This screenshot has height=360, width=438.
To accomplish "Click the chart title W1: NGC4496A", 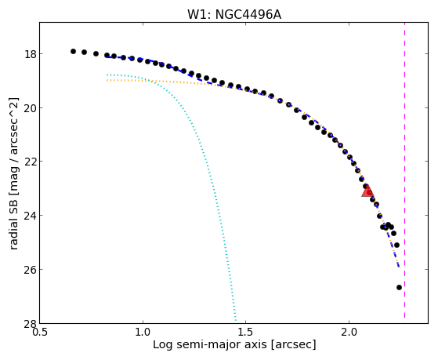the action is [234, 15].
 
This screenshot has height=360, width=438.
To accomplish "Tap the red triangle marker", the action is [367, 191].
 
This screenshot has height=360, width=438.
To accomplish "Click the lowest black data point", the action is [399, 287].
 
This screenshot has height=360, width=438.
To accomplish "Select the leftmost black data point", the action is [73, 51].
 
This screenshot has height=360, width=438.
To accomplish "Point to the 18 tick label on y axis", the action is [30, 53].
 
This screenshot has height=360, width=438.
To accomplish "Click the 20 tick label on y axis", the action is [30, 107].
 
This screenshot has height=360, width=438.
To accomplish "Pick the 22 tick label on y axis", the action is [30, 162].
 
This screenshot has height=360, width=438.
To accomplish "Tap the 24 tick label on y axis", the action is [30, 216].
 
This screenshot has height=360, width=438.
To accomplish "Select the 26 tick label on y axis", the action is [30, 269].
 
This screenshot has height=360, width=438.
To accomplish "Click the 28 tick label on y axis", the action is [30, 323].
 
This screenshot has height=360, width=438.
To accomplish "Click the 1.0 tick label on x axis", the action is [143, 332].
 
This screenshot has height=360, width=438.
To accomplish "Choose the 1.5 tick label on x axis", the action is [245, 332].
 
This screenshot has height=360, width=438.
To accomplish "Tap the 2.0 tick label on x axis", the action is [349, 332].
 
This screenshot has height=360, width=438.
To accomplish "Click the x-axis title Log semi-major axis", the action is [209, 344].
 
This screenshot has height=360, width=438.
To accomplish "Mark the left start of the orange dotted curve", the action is [107, 80].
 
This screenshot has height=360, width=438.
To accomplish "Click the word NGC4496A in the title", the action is [248, 15].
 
